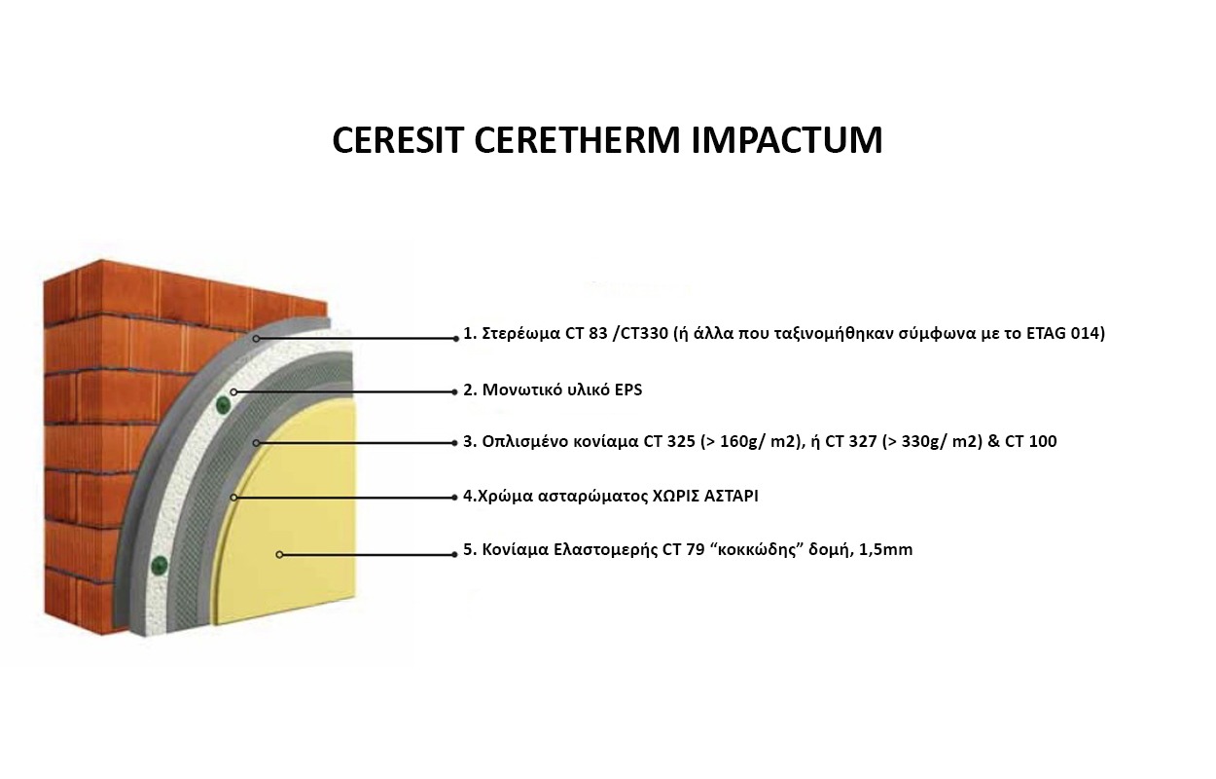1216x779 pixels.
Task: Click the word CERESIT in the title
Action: tap(396, 140)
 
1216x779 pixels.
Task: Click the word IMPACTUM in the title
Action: tap(787, 140)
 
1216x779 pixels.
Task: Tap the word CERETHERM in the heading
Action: tap(577, 140)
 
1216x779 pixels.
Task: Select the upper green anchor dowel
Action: tap(223, 404)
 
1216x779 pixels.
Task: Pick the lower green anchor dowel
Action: tap(160, 565)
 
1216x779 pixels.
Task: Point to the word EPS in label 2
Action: tap(628, 390)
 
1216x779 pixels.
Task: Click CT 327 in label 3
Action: tap(850, 442)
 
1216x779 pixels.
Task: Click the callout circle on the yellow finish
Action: tap(279, 555)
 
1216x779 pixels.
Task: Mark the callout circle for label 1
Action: tap(256, 339)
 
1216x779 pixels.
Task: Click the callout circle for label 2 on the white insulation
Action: tap(233, 391)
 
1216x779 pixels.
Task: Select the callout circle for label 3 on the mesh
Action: tap(256, 443)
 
